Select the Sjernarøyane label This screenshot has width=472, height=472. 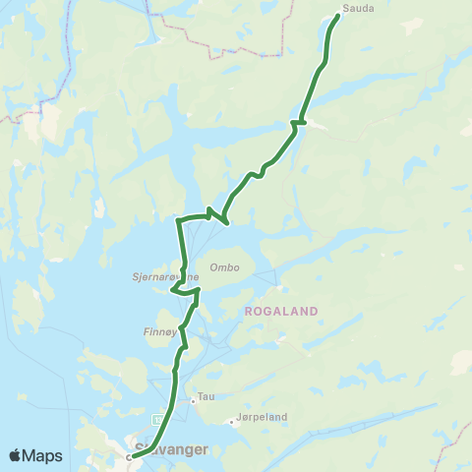(x=158, y=277)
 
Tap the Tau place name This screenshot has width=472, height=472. (x=206, y=397)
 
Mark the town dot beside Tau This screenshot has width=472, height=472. (x=194, y=400)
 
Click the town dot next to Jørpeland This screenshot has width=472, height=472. (x=232, y=423)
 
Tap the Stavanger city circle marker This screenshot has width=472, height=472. (x=130, y=456)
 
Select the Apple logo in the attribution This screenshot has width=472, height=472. (x=15, y=455)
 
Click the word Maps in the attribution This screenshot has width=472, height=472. (x=44, y=456)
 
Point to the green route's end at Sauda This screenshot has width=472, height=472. (x=338, y=16)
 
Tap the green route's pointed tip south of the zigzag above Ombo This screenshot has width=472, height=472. (x=227, y=223)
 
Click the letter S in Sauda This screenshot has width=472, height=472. (x=344, y=7)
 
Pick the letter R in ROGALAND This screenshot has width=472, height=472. (x=246, y=311)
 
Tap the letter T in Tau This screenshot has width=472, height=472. (x=201, y=397)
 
